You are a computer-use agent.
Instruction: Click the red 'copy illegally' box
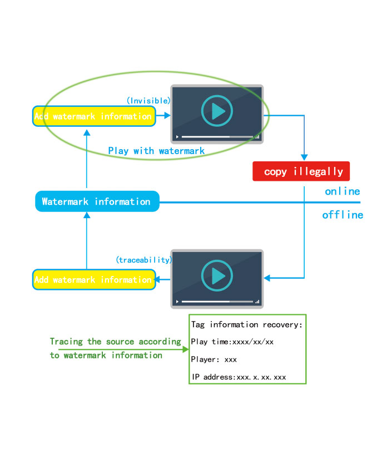coord(301,171)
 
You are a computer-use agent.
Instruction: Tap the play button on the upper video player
coord(216,112)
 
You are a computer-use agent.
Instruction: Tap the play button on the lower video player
coord(216,276)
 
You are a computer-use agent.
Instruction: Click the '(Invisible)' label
coord(148,101)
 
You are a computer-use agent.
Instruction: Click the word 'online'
coord(343,191)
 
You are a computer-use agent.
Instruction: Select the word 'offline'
coord(343,215)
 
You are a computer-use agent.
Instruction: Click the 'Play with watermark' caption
coord(156,151)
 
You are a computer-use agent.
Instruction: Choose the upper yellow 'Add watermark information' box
coord(92,116)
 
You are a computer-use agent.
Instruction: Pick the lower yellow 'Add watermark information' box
coord(92,279)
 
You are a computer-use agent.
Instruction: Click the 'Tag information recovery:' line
coord(246,324)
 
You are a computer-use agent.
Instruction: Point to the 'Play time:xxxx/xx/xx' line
coord(232,342)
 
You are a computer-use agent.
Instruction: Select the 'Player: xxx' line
coord(214,359)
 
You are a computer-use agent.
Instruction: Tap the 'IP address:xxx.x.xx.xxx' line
coord(239,377)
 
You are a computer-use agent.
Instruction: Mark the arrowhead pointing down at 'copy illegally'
coord(304,157)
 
